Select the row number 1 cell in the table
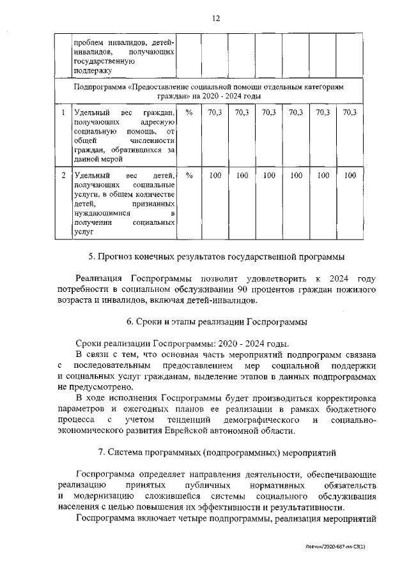pyautogui.click(x=63, y=112)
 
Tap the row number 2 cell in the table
pyautogui.click(x=63, y=174)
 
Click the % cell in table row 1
pyautogui.click(x=189, y=112)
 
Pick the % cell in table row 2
pyautogui.click(x=189, y=174)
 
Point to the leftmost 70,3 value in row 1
pyautogui.click(x=215, y=112)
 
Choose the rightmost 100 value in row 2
pyautogui.click(x=349, y=174)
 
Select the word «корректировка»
pyautogui.click(x=342, y=398)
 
